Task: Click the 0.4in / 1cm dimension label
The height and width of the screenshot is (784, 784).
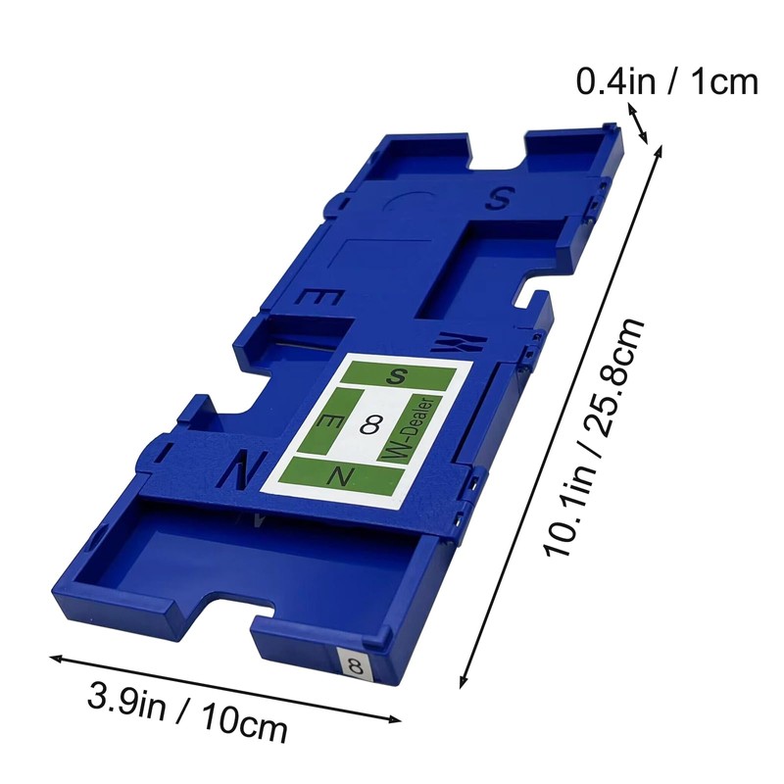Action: pos(667,81)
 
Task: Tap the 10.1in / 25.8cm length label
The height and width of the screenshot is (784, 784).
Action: pos(594,436)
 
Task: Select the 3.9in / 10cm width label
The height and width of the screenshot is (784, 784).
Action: pos(187,712)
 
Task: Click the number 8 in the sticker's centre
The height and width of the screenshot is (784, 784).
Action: pos(370,425)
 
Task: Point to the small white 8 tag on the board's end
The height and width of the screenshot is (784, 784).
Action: pos(356,666)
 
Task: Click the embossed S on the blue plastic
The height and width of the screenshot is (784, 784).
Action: pos(498,198)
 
